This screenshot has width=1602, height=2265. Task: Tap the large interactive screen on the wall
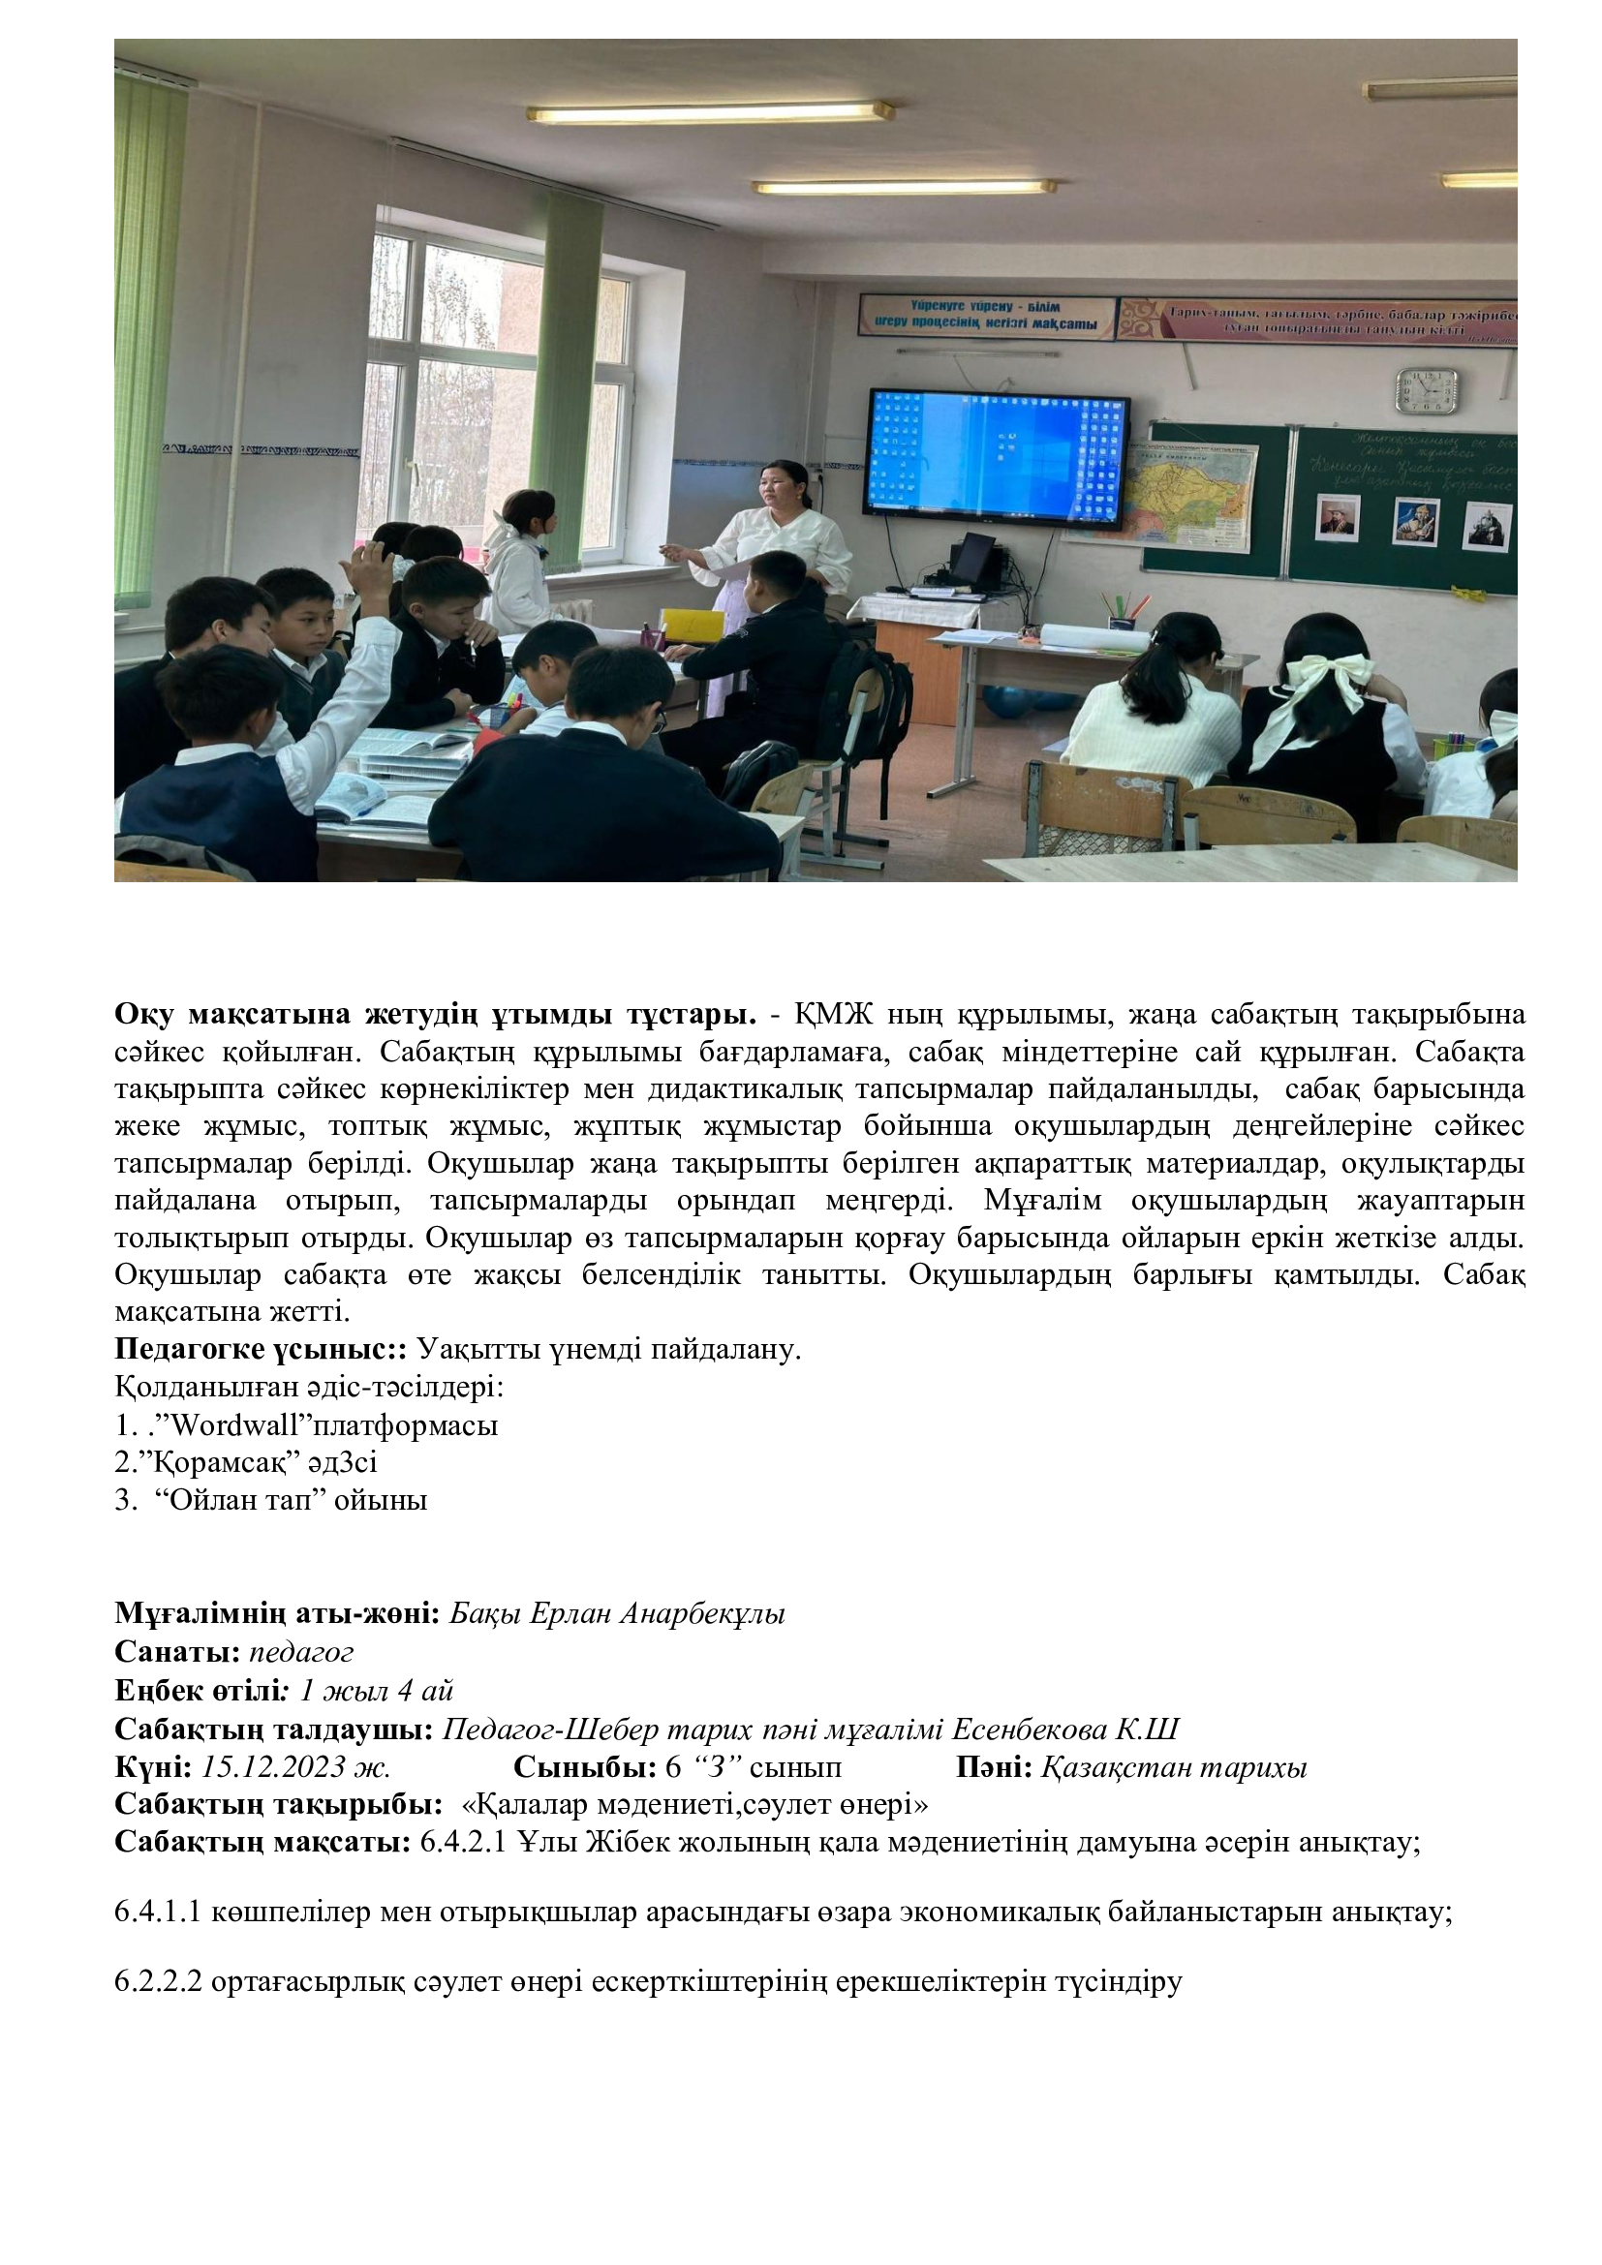point(996,453)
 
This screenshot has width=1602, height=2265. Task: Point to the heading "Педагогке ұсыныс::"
point(261,1349)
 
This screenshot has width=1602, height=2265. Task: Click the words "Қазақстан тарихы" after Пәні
point(1174,1767)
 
